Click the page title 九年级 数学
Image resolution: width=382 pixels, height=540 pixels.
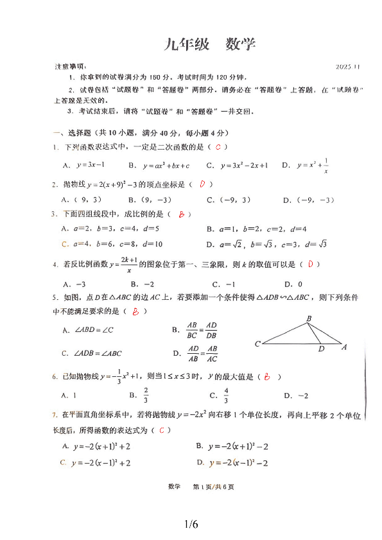[x=209, y=44]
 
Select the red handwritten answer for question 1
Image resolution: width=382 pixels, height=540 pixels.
[x=218, y=148]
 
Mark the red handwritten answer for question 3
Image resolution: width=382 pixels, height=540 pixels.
[x=182, y=214]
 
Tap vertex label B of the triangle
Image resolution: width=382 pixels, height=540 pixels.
[x=309, y=318]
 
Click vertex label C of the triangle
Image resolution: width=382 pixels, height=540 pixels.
[x=257, y=344]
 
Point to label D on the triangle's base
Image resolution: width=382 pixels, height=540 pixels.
[x=321, y=349]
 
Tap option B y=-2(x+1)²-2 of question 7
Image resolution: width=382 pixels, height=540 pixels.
[x=232, y=446]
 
